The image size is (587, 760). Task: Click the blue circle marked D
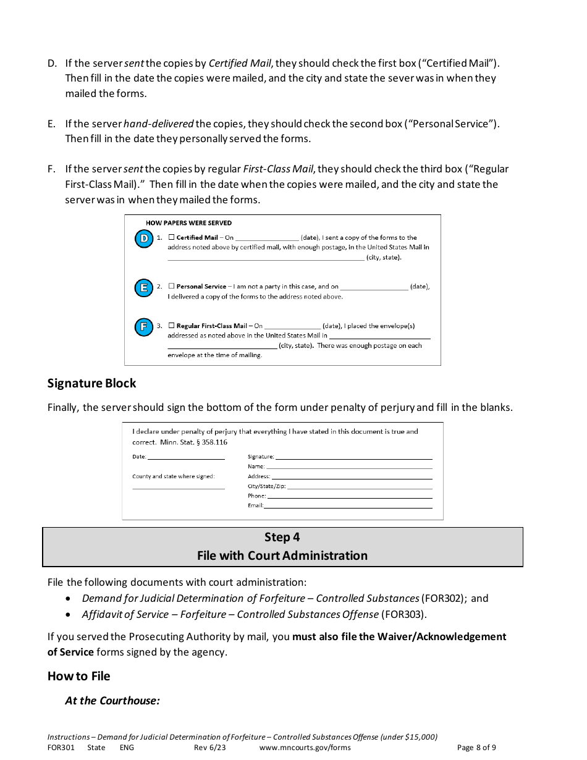(x=144, y=239)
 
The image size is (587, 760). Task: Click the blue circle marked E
(x=144, y=288)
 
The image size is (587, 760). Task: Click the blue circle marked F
(x=144, y=327)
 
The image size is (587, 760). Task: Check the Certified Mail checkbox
(x=172, y=237)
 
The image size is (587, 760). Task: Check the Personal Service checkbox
(x=172, y=287)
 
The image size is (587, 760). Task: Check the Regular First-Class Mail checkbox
(x=172, y=326)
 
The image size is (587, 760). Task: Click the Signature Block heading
(x=91, y=383)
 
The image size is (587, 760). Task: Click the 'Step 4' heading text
(x=282, y=538)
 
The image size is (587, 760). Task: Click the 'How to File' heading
(x=78, y=676)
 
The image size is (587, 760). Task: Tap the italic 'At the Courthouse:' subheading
(x=112, y=701)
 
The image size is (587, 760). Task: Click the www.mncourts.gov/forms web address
(x=305, y=747)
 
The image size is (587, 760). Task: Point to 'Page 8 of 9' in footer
(x=476, y=747)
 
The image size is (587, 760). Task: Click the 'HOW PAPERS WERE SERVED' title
(x=188, y=223)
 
